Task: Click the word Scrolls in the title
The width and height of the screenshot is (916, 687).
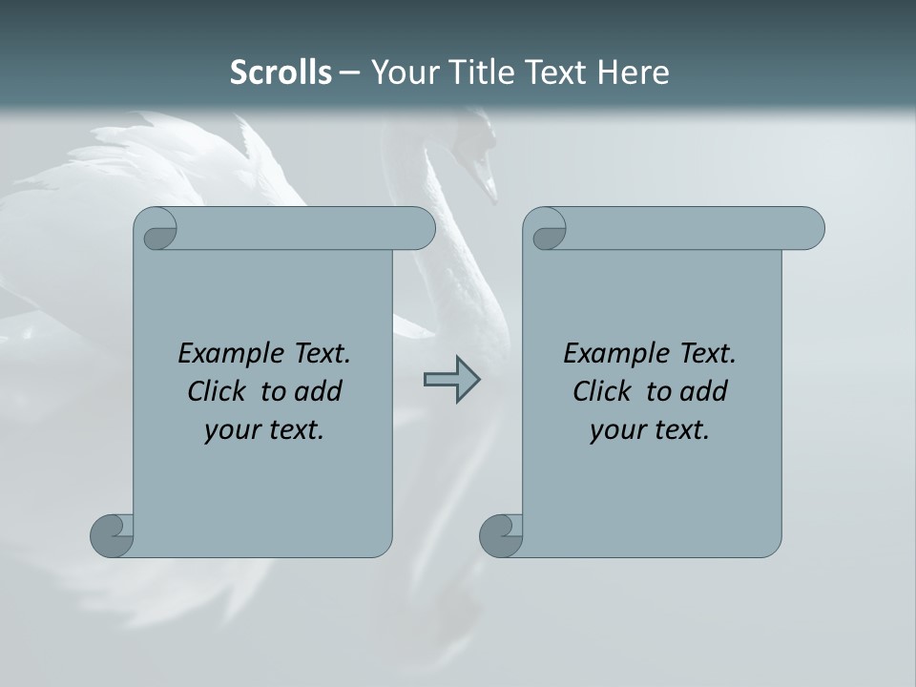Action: click(x=281, y=73)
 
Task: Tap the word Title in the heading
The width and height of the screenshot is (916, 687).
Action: click(x=474, y=73)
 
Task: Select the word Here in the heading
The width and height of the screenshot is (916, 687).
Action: click(x=633, y=73)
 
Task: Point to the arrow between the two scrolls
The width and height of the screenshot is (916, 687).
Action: click(x=451, y=380)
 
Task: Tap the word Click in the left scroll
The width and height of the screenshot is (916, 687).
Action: click(x=216, y=391)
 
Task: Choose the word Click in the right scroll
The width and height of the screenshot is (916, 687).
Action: click(x=601, y=391)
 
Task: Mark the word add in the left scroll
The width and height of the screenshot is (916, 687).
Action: click(x=318, y=391)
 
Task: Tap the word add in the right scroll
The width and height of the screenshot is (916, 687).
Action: click(x=703, y=391)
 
